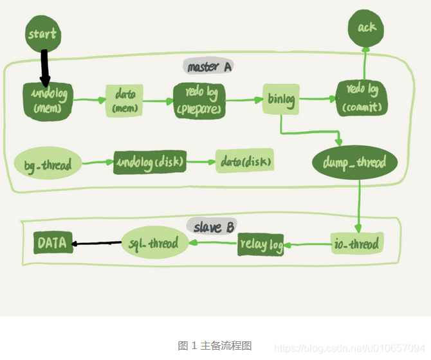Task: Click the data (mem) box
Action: click(x=124, y=100)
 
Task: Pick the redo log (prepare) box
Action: click(x=199, y=100)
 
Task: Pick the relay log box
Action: click(x=261, y=244)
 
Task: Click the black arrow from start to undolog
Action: click(x=44, y=67)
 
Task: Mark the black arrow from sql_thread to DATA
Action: click(x=97, y=243)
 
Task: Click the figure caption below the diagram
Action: click(x=214, y=345)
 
